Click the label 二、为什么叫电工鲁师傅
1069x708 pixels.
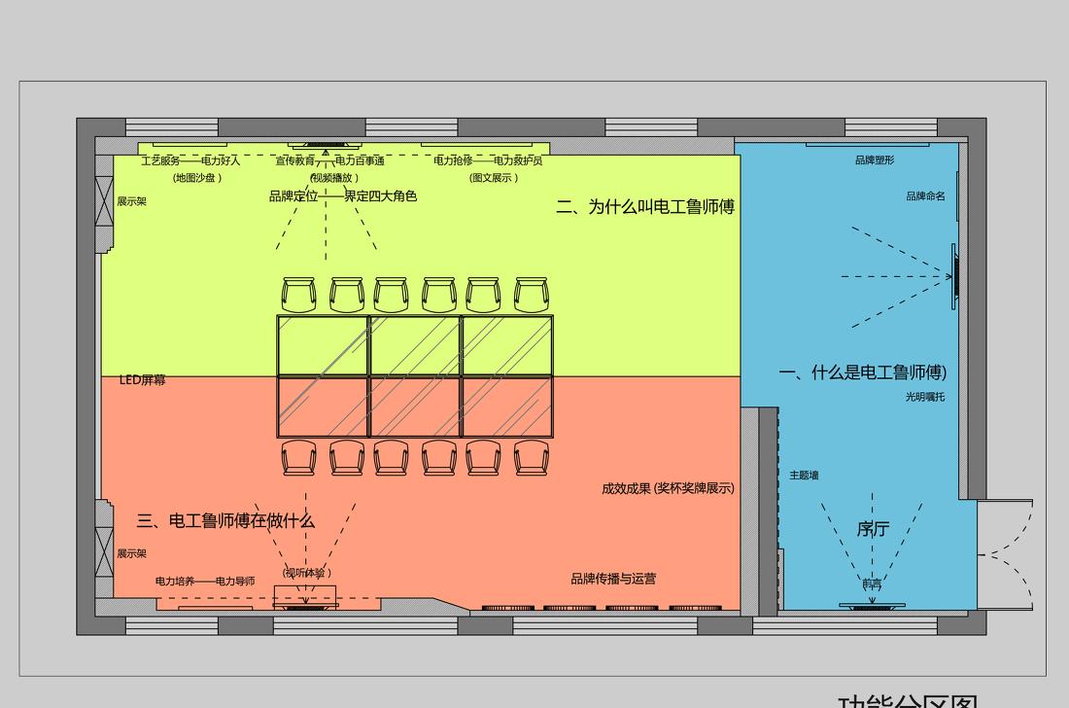tap(645, 206)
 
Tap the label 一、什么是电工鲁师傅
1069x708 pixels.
tap(862, 372)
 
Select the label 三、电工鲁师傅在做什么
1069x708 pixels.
tap(225, 521)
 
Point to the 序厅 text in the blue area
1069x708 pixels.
tap(873, 529)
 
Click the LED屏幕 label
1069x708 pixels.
tap(143, 380)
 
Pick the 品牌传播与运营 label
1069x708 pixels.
tap(613, 579)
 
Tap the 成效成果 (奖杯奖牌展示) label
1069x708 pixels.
tap(668, 488)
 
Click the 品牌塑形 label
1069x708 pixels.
tap(875, 160)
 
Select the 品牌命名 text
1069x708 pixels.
tap(925, 196)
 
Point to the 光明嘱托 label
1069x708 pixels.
tap(924, 397)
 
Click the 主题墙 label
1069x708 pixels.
tap(804, 476)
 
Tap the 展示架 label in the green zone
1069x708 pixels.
tap(132, 201)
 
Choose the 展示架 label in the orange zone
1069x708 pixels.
tap(132, 553)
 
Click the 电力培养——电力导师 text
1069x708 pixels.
tap(205, 582)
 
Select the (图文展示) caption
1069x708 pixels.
tap(494, 178)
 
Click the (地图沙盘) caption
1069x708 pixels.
tap(197, 178)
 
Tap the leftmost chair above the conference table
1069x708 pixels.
tap(299, 295)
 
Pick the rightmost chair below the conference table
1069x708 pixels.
tap(531, 458)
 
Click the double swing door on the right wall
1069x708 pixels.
tap(1005, 555)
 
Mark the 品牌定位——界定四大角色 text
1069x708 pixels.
tap(343, 196)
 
